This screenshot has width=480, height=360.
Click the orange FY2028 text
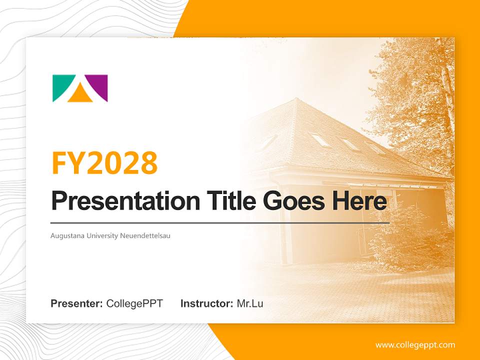(x=104, y=162)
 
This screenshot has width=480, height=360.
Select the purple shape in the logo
(x=99, y=85)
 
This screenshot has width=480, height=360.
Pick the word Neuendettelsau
(x=145, y=235)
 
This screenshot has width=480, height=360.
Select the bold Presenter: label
(x=77, y=303)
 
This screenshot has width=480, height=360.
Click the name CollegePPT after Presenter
(x=134, y=303)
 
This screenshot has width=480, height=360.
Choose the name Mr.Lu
(x=249, y=303)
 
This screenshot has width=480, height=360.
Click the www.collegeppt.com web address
(x=415, y=345)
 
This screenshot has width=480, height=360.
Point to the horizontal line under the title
(x=220, y=222)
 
